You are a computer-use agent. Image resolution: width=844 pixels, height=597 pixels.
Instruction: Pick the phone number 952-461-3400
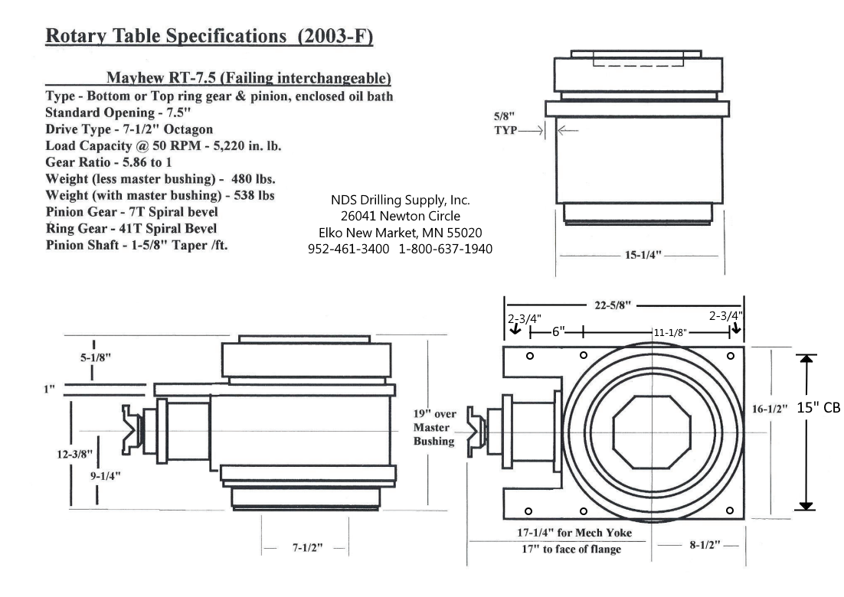pyautogui.click(x=350, y=249)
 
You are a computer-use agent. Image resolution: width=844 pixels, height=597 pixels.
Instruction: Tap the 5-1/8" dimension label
pyautogui.click(x=93, y=356)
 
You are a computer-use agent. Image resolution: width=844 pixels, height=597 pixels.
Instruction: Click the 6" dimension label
pyautogui.click(x=558, y=333)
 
